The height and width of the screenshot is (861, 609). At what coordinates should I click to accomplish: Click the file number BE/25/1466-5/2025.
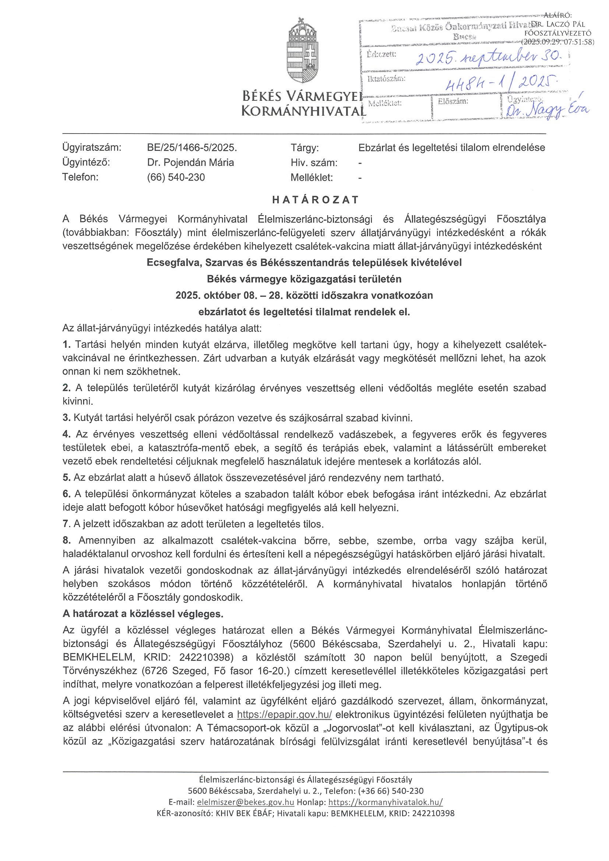(192, 148)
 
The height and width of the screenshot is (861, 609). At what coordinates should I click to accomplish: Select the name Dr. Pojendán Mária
(190, 162)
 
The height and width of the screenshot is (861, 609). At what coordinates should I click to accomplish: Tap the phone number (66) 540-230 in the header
(176, 177)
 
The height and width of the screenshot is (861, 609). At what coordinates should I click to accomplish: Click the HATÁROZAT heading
(316, 199)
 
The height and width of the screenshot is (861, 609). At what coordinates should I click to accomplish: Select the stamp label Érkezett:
(381, 54)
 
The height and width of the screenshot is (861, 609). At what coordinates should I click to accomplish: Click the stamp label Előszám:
(453, 101)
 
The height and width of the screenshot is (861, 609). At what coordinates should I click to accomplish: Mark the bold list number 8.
(66, 541)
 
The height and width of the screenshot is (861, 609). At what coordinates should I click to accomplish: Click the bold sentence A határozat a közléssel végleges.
(142, 614)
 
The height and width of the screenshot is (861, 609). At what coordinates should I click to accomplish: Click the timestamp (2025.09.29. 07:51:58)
(558, 42)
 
